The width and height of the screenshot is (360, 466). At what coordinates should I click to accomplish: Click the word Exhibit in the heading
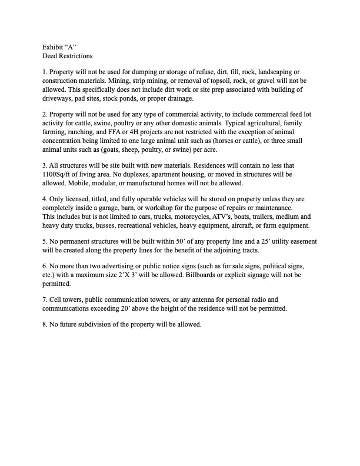(53, 46)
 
